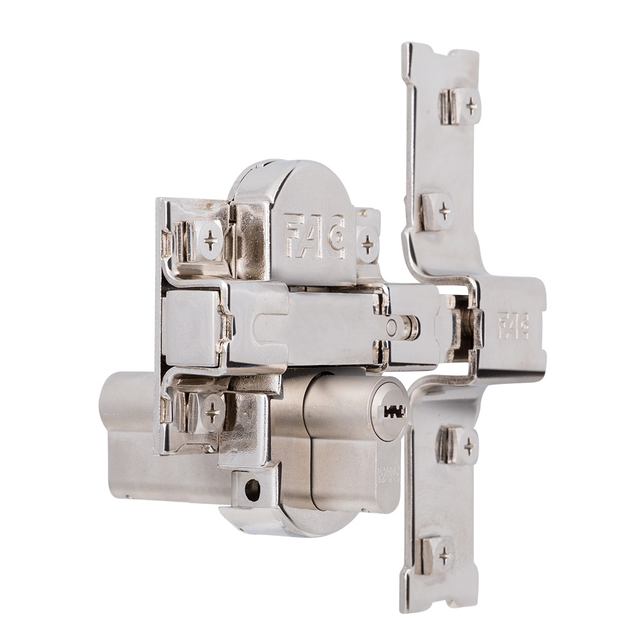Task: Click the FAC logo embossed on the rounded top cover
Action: click(315, 236)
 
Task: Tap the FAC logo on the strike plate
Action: click(513, 325)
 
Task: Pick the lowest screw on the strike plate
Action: click(444, 553)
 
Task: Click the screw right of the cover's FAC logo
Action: click(368, 244)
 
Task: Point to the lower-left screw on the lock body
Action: click(211, 412)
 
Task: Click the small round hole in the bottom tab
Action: click(252, 491)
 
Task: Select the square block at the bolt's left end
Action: click(190, 327)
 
